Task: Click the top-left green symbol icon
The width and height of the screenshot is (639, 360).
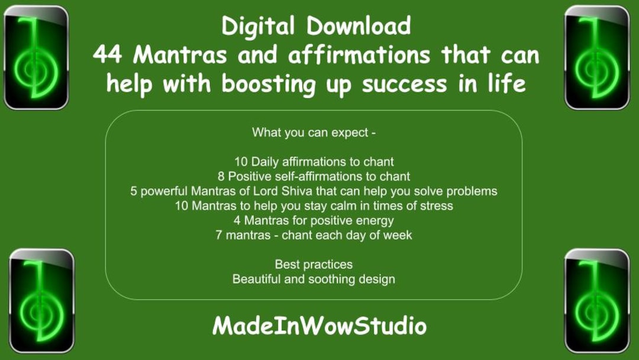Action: [x=36, y=57]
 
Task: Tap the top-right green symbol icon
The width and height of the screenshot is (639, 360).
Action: [x=596, y=57]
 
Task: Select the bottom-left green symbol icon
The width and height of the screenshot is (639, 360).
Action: [x=41, y=301]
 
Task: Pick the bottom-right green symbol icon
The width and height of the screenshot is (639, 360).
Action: [x=596, y=301]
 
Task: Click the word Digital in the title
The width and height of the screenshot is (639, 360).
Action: [x=258, y=26]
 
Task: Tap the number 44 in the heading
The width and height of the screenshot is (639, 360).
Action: [x=109, y=55]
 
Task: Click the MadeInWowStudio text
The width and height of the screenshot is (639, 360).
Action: [x=319, y=326]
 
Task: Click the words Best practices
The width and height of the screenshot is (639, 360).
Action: [x=314, y=264]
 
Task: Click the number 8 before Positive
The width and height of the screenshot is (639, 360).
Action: [x=221, y=176]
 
